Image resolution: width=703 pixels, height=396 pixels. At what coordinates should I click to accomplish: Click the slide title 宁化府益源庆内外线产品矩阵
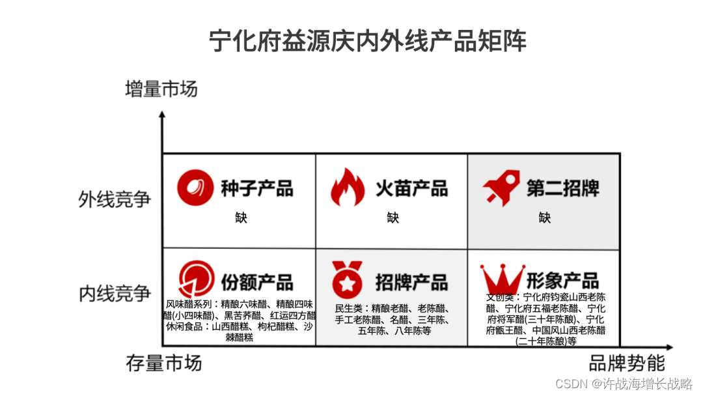[x=368, y=40]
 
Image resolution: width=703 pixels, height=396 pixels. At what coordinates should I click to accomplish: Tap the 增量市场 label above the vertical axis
[x=161, y=89]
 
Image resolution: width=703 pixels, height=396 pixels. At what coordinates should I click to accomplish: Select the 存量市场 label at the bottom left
[x=163, y=363]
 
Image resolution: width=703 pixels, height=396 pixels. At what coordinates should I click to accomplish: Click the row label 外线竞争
[x=115, y=199]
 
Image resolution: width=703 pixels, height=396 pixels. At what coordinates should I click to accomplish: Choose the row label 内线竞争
[x=115, y=293]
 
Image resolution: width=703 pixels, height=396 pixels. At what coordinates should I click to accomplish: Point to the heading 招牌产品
[x=411, y=281]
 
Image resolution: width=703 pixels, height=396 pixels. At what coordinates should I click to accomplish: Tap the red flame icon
[x=348, y=188]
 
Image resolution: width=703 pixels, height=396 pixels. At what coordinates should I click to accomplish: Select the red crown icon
[x=502, y=279]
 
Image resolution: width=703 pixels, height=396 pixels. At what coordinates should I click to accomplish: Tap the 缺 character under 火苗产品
[x=393, y=218]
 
